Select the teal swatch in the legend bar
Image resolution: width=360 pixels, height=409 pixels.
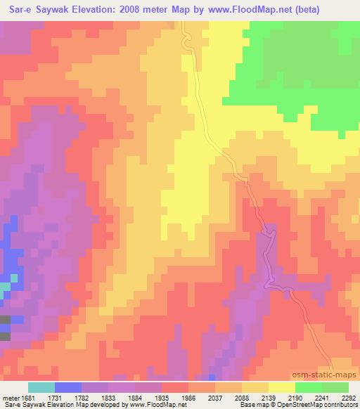pos(41,387)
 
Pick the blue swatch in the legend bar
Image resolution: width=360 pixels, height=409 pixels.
pos(68,387)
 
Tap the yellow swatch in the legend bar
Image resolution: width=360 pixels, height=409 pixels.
pos(281,387)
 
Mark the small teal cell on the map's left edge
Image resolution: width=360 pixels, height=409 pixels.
pos(5,287)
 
